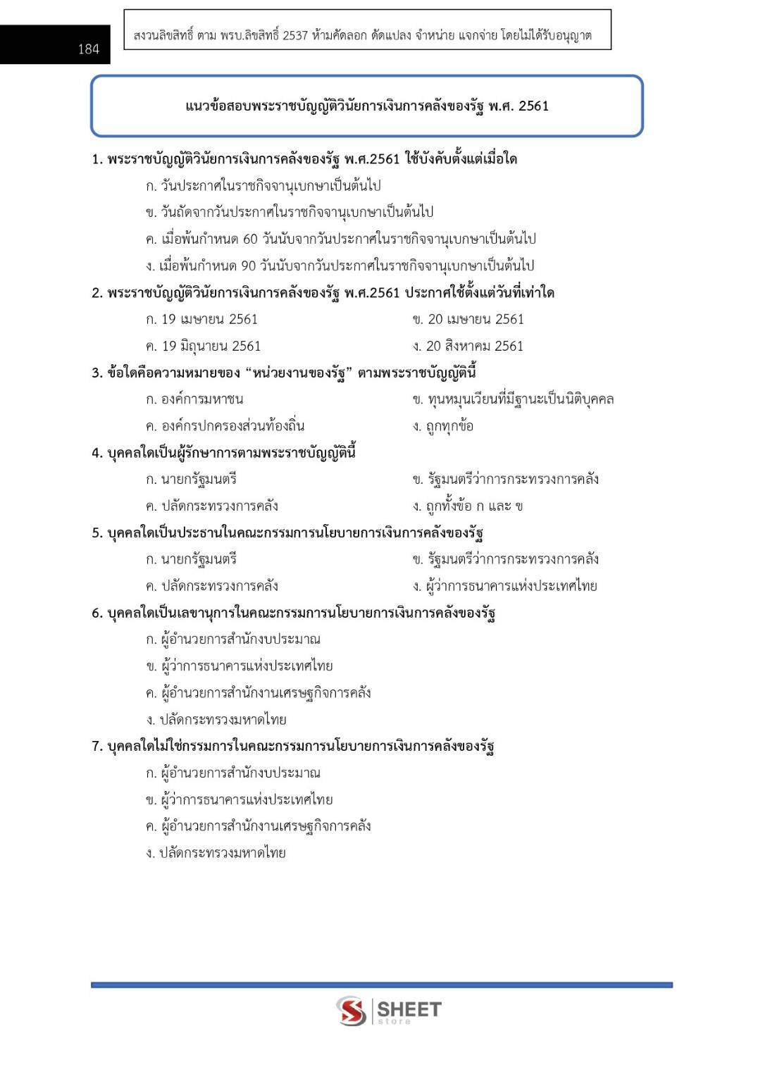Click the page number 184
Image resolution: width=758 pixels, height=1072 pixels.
(88, 49)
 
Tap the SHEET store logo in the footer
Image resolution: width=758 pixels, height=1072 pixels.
(388, 1011)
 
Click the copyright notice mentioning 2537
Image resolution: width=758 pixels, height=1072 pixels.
(362, 35)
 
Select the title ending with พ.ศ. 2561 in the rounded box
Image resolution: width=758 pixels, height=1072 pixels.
(366, 106)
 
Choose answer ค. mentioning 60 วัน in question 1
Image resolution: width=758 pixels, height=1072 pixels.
(340, 239)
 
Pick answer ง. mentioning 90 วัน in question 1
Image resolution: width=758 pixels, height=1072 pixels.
(340, 266)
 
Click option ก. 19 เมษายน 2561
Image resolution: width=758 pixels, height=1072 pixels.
(201, 319)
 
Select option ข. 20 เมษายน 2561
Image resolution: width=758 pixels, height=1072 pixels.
(468, 319)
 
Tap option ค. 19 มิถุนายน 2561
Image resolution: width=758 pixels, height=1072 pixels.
(203, 346)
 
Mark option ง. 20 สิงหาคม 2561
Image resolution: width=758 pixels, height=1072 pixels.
(468, 346)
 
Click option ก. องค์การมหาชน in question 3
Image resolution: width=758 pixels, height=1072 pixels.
(194, 399)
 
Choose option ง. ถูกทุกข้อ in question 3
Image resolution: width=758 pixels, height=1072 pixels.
(443, 426)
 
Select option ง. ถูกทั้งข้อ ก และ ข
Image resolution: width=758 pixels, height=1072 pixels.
(468, 506)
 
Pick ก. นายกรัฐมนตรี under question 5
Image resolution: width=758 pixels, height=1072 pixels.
(191, 559)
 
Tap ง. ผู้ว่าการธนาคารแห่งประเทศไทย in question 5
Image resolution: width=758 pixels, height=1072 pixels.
(504, 586)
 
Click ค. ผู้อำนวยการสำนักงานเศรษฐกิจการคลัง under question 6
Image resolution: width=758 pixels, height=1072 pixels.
(258, 693)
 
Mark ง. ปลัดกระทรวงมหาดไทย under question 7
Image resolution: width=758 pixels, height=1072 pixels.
(216, 853)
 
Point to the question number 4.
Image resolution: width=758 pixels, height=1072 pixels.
(97, 453)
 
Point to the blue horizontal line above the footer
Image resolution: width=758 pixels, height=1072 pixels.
(381, 985)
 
